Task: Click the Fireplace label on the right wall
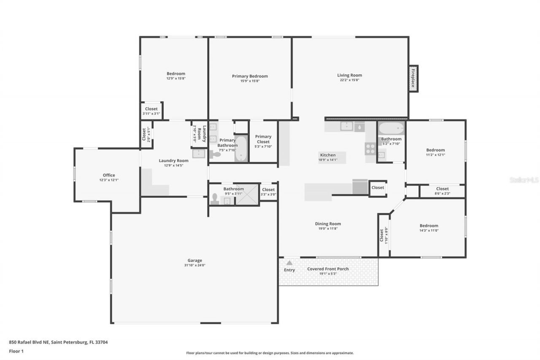click(x=413, y=78)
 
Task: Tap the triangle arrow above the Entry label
click(x=289, y=263)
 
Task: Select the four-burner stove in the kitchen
click(x=370, y=148)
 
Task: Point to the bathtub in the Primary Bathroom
click(x=241, y=148)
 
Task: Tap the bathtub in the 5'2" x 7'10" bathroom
click(x=391, y=128)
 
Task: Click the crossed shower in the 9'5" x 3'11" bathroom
click(x=247, y=195)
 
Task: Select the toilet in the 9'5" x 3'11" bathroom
click(x=214, y=199)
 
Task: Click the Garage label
click(x=194, y=260)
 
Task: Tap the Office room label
click(x=109, y=175)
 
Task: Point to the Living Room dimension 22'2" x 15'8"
click(x=349, y=80)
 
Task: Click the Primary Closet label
click(x=263, y=139)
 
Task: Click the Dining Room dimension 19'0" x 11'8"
click(x=328, y=229)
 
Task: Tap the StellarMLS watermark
click(x=524, y=180)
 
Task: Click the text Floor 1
click(x=16, y=351)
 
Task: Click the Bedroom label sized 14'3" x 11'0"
click(x=429, y=226)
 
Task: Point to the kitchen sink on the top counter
click(x=347, y=126)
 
